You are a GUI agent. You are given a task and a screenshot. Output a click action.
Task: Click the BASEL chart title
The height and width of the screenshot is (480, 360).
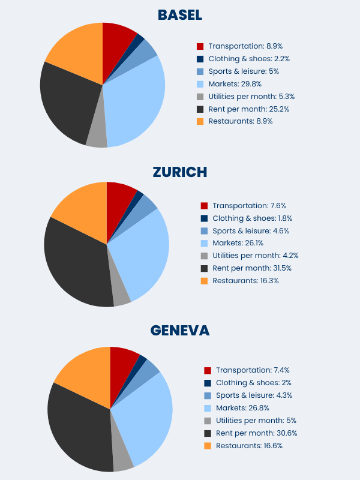(x=179, y=14)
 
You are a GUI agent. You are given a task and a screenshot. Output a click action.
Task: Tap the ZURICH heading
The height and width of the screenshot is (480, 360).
(x=179, y=172)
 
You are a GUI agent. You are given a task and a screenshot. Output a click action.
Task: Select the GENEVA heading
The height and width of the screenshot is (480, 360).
(x=179, y=331)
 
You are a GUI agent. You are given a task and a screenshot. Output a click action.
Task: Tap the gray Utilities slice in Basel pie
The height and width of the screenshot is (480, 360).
(x=97, y=137)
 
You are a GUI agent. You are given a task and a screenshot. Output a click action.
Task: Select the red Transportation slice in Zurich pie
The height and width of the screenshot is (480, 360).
(x=119, y=195)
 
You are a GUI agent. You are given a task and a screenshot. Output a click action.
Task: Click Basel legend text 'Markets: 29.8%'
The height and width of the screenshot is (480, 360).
(x=235, y=84)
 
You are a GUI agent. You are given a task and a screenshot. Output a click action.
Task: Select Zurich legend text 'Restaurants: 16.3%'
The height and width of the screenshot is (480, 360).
(x=245, y=281)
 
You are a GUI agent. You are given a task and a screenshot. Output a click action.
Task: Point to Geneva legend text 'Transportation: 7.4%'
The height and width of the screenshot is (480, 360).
(x=253, y=370)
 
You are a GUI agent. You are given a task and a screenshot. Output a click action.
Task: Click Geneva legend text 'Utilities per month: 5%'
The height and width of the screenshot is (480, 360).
(x=256, y=421)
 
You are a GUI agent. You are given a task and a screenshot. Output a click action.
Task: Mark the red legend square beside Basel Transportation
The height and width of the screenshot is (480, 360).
(x=200, y=46)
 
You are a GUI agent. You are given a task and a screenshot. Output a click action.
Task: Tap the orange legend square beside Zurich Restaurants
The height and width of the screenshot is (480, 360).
(x=204, y=281)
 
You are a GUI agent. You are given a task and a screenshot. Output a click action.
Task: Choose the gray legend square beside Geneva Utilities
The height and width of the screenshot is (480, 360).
(x=208, y=421)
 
